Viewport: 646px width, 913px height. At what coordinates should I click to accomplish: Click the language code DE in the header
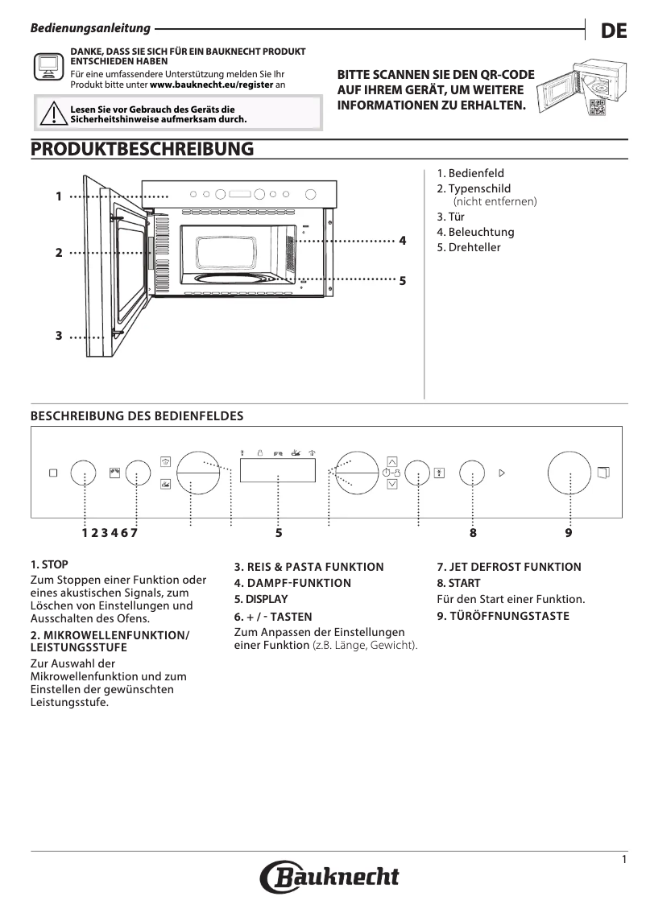(614, 31)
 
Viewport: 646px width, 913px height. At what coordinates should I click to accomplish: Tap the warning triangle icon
(52, 114)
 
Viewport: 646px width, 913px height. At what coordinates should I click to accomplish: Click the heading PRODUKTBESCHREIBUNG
(142, 150)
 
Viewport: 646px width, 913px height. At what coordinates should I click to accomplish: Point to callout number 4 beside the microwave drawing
(402, 241)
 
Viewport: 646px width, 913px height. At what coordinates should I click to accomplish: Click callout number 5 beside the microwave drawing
(402, 280)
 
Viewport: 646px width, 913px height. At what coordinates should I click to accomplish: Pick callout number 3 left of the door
(59, 336)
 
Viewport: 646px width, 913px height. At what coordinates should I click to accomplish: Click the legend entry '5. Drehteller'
(469, 247)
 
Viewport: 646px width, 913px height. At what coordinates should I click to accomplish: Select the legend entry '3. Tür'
(451, 217)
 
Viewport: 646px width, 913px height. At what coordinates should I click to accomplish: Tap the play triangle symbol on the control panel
(501, 473)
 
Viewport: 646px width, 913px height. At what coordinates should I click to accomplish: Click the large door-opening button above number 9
(569, 473)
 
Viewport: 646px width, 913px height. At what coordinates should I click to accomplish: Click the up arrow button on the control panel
(392, 461)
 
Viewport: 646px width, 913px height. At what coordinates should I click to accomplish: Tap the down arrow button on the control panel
(392, 485)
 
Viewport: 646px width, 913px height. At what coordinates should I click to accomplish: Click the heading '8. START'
(458, 583)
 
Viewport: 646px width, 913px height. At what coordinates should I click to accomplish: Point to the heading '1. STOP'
(49, 564)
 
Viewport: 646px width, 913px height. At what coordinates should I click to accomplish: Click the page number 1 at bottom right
(624, 860)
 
